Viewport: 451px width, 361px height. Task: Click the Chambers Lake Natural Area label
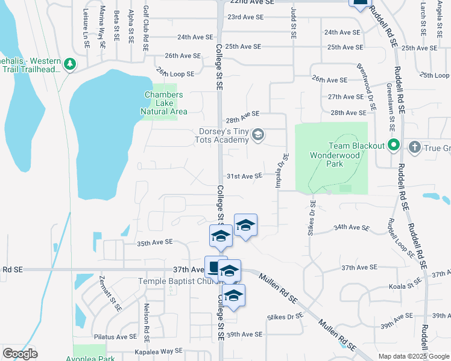(x=163, y=103)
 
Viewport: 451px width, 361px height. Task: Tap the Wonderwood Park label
(x=335, y=159)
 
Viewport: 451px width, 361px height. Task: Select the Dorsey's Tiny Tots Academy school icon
(x=258, y=134)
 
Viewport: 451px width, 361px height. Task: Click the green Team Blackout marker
(x=394, y=145)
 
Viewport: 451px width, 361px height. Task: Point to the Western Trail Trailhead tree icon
(x=70, y=63)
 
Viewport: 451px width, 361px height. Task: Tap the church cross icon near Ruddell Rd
(x=414, y=146)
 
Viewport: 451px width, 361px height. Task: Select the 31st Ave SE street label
(x=244, y=176)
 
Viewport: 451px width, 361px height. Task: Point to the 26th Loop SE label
(x=175, y=73)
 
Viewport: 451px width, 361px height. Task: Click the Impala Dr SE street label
(x=282, y=170)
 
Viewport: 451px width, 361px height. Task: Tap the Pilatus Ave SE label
(x=118, y=337)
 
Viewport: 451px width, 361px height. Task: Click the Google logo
(x=20, y=354)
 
